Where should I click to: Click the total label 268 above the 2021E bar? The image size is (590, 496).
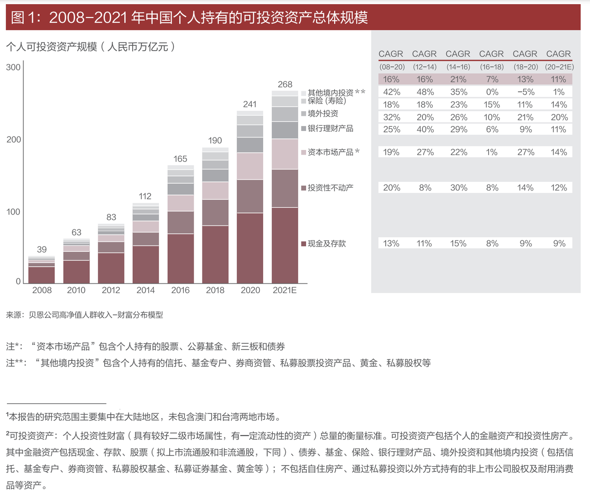tap(285, 84)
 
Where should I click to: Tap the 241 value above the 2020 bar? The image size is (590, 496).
tap(250, 104)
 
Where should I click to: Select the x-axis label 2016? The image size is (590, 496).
tap(180, 290)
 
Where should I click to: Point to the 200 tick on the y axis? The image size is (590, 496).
tap(13, 139)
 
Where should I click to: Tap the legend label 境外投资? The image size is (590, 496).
tap(323, 114)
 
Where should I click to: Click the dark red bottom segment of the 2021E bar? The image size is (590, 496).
tap(285, 245)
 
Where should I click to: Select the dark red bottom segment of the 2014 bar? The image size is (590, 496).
tap(146, 264)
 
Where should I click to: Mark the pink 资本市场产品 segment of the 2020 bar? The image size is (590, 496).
tap(250, 166)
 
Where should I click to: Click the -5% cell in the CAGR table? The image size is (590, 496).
tap(525, 92)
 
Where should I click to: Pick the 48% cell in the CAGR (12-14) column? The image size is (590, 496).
tap(425, 92)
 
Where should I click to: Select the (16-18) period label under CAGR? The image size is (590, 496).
tap(492, 67)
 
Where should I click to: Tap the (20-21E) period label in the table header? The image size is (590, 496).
tap(559, 67)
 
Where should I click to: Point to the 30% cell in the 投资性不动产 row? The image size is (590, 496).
tap(459, 188)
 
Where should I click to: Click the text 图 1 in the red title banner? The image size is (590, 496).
tap(23, 18)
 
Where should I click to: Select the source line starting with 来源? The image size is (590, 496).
tap(84, 315)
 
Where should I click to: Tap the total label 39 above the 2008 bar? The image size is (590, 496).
tap(41, 250)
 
